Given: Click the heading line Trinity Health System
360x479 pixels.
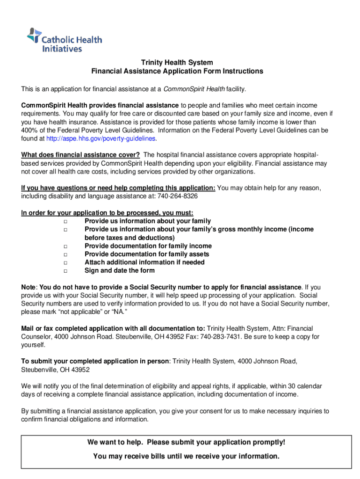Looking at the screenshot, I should (x=177, y=63).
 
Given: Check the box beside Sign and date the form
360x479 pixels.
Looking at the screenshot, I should (x=66, y=271).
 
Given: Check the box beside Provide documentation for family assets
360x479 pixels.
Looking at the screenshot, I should (x=66, y=254).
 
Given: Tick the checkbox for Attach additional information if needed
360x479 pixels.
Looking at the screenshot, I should (x=66, y=263).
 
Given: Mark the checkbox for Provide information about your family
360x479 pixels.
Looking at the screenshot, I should (x=66, y=221).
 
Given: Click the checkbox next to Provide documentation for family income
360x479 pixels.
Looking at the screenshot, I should (x=66, y=247).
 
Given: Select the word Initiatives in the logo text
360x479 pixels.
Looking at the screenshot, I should (x=62, y=48).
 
